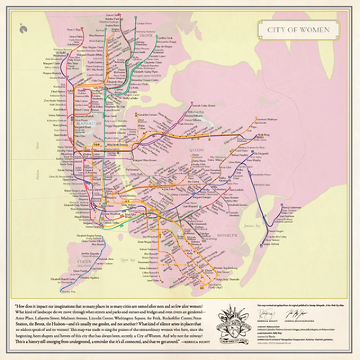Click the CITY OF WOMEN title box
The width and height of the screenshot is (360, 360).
(299, 31)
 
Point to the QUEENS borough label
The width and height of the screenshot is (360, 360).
(197, 150)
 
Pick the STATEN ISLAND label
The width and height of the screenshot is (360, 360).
(84, 263)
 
